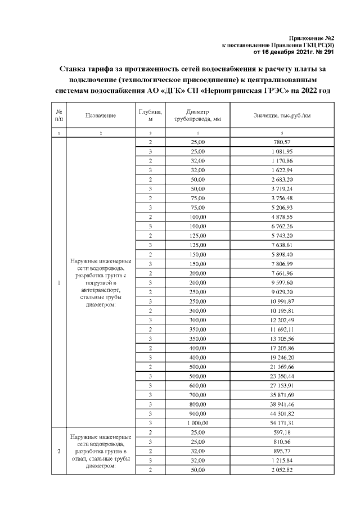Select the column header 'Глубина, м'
(x=150, y=116)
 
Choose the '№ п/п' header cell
(x=58, y=116)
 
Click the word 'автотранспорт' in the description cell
(x=101, y=290)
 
